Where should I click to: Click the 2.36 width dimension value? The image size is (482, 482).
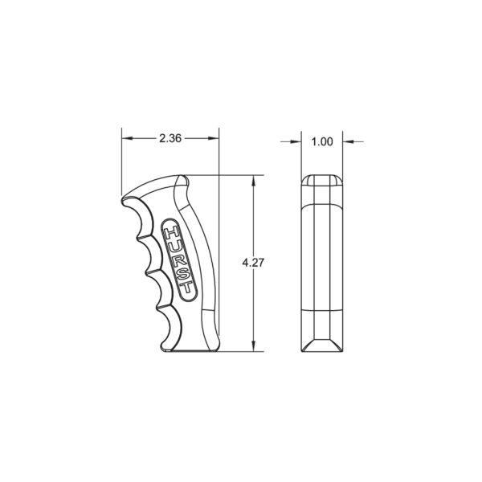(170, 139)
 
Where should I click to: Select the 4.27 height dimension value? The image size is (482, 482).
(253, 263)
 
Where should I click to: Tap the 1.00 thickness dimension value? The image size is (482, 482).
(321, 142)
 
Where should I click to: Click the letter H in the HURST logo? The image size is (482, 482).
(171, 233)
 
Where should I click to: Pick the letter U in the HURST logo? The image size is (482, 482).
(175, 247)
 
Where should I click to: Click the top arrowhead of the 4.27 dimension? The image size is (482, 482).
(253, 179)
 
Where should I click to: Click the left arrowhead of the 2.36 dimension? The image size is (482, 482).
(125, 139)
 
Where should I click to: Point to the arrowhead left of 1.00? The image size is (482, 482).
(297, 142)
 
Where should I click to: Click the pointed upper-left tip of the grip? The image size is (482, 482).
(123, 198)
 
